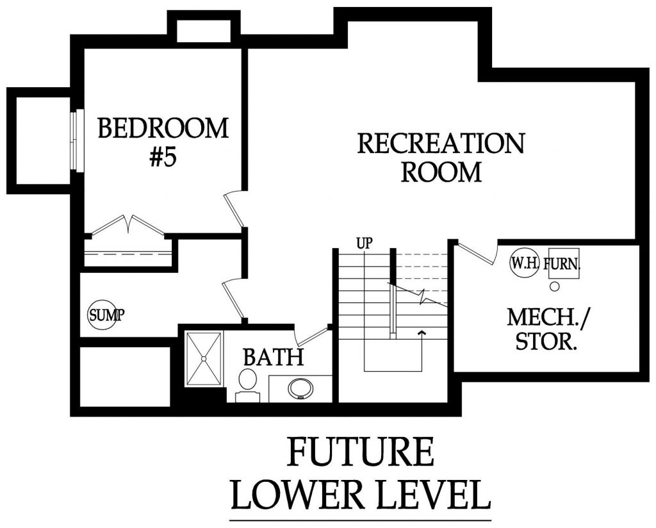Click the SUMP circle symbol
coord(102,315)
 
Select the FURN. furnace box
coord(562,263)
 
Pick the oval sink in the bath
coord(299,388)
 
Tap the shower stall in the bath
coord(204,358)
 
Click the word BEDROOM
coord(163,128)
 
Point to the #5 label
coord(163,158)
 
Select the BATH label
coord(273,357)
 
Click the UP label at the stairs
coord(365,243)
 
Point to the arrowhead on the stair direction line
coord(422,332)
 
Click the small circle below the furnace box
coord(555,283)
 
